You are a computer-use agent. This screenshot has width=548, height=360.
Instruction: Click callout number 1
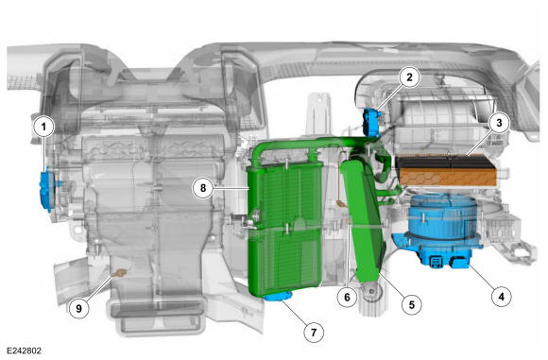43,127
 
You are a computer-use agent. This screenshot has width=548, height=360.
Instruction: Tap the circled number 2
409,77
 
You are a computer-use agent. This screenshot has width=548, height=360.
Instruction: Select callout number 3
499,123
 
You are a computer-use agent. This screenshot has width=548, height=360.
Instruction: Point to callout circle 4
501,297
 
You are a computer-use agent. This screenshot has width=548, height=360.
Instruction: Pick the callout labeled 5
412,304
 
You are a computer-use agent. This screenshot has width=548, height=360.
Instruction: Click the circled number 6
347,297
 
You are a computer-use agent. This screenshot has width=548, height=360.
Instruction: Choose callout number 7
313,332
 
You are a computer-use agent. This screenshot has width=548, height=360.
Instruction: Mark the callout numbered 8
203,188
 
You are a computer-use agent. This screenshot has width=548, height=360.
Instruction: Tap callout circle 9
78,309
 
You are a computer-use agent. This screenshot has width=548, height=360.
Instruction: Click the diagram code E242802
25,351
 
